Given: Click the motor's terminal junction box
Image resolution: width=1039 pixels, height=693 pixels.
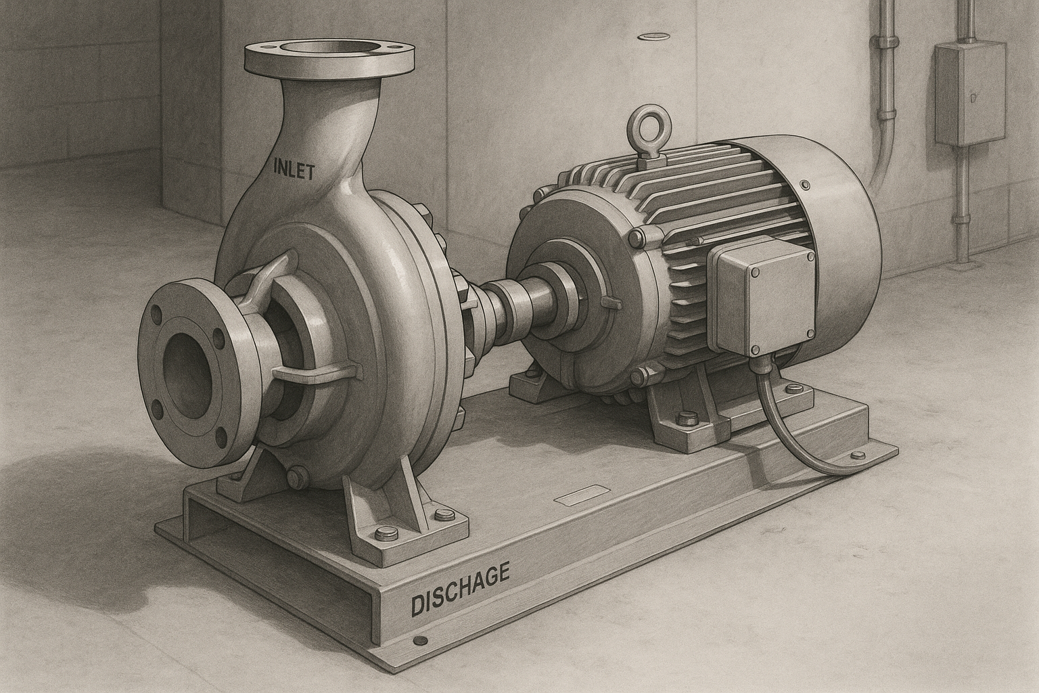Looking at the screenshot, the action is [765, 296].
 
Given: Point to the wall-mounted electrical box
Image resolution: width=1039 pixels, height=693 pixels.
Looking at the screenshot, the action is [970, 93].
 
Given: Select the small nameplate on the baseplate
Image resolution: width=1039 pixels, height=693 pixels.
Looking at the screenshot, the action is [579, 494].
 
